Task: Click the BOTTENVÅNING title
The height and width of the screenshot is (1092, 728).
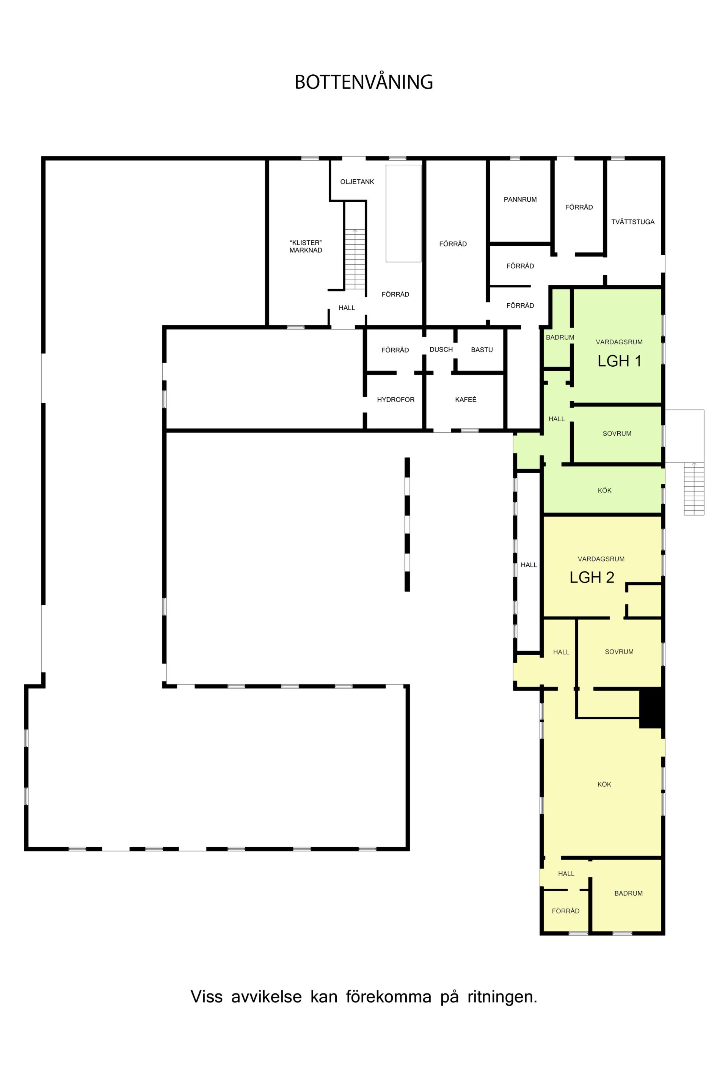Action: click(364, 82)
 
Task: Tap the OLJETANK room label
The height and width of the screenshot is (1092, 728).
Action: click(357, 182)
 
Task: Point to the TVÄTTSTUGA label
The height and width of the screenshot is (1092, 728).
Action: click(633, 221)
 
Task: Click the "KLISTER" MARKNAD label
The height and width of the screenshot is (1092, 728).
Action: click(306, 246)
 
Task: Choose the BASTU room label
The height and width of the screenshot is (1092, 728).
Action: click(482, 350)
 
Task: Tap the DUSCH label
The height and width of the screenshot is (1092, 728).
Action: click(441, 349)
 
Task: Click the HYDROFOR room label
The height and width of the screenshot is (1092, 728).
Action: click(395, 399)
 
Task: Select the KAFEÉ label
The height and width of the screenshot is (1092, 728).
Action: click(466, 399)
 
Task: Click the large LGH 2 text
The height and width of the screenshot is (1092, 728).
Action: click(592, 577)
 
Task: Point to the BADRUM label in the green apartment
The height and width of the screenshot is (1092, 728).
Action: click(560, 337)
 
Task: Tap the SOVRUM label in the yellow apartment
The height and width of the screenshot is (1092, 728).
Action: click(619, 651)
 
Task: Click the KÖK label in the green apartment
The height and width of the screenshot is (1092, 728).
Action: click(604, 490)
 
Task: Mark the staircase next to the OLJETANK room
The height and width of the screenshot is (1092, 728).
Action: click(355, 259)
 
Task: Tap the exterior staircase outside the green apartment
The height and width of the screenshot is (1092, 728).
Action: click(693, 488)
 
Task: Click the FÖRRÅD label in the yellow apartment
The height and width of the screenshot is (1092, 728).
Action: click(565, 911)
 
